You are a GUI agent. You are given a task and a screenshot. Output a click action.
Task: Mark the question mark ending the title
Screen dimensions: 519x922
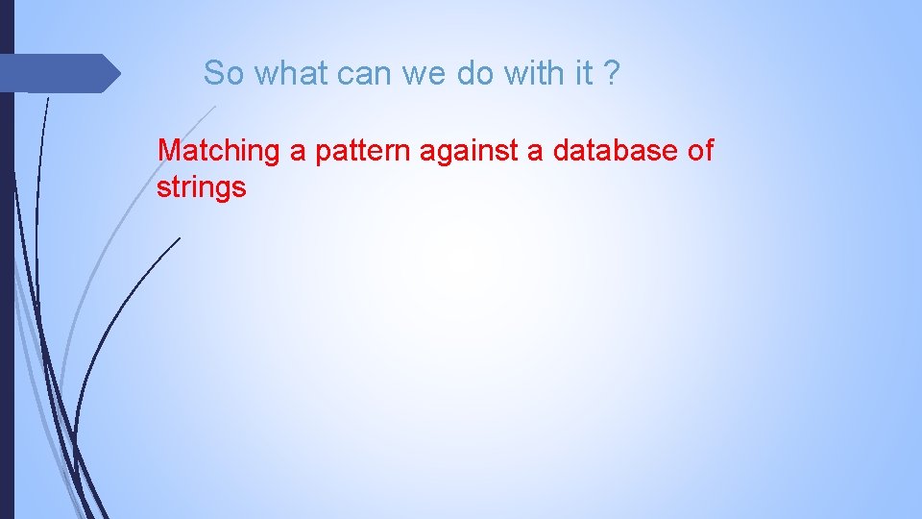click(x=612, y=72)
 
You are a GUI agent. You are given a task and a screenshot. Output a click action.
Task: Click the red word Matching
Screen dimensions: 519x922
click(x=219, y=151)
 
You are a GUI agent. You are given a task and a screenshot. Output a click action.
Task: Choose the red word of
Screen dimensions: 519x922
click(x=700, y=151)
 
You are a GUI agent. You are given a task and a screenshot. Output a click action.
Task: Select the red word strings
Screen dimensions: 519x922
click(x=202, y=187)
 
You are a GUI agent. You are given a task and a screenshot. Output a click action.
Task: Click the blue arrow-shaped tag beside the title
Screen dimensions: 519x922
click(x=58, y=73)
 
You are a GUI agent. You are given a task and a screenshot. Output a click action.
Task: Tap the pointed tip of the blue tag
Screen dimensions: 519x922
click(x=118, y=73)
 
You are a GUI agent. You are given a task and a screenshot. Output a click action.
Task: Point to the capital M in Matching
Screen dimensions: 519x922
click(x=169, y=151)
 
